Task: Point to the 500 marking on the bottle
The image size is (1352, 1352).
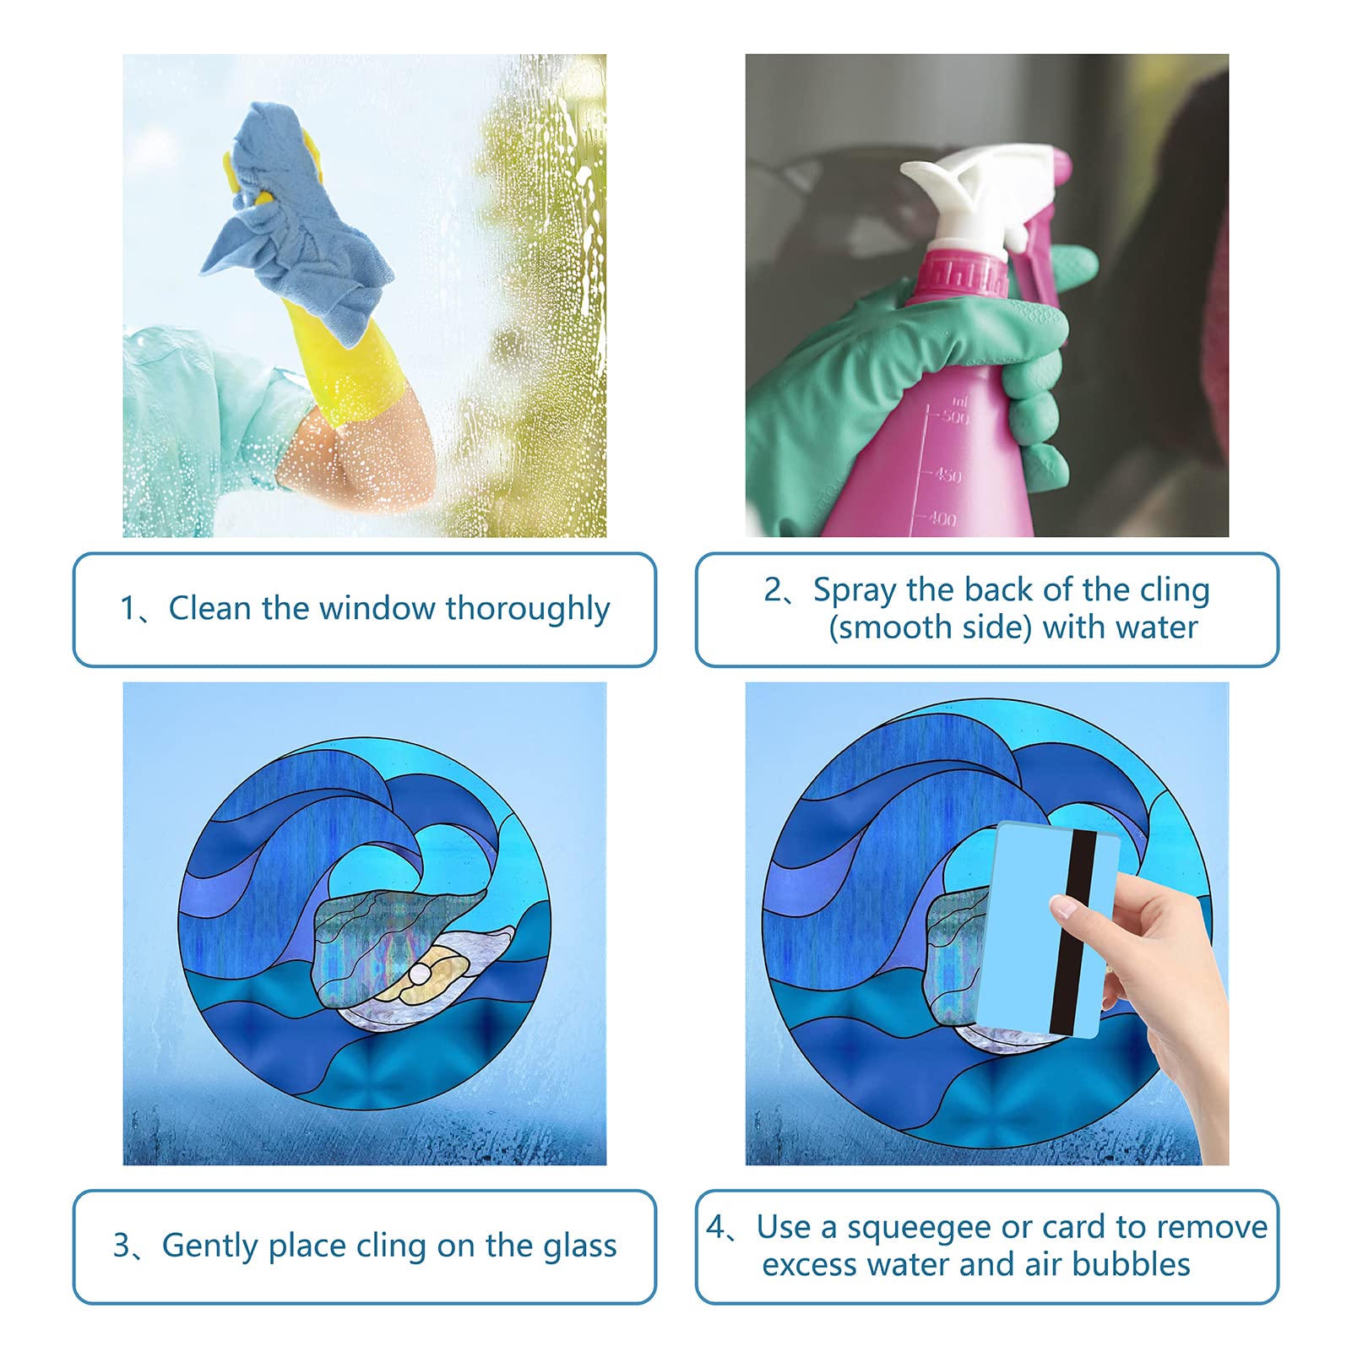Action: click(x=955, y=416)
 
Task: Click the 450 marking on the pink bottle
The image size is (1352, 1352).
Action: click(x=947, y=475)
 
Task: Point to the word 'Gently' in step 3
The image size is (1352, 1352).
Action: click(x=210, y=1246)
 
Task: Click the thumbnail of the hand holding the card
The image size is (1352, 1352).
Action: click(x=1062, y=908)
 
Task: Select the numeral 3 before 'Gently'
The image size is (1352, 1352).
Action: click(x=122, y=1246)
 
